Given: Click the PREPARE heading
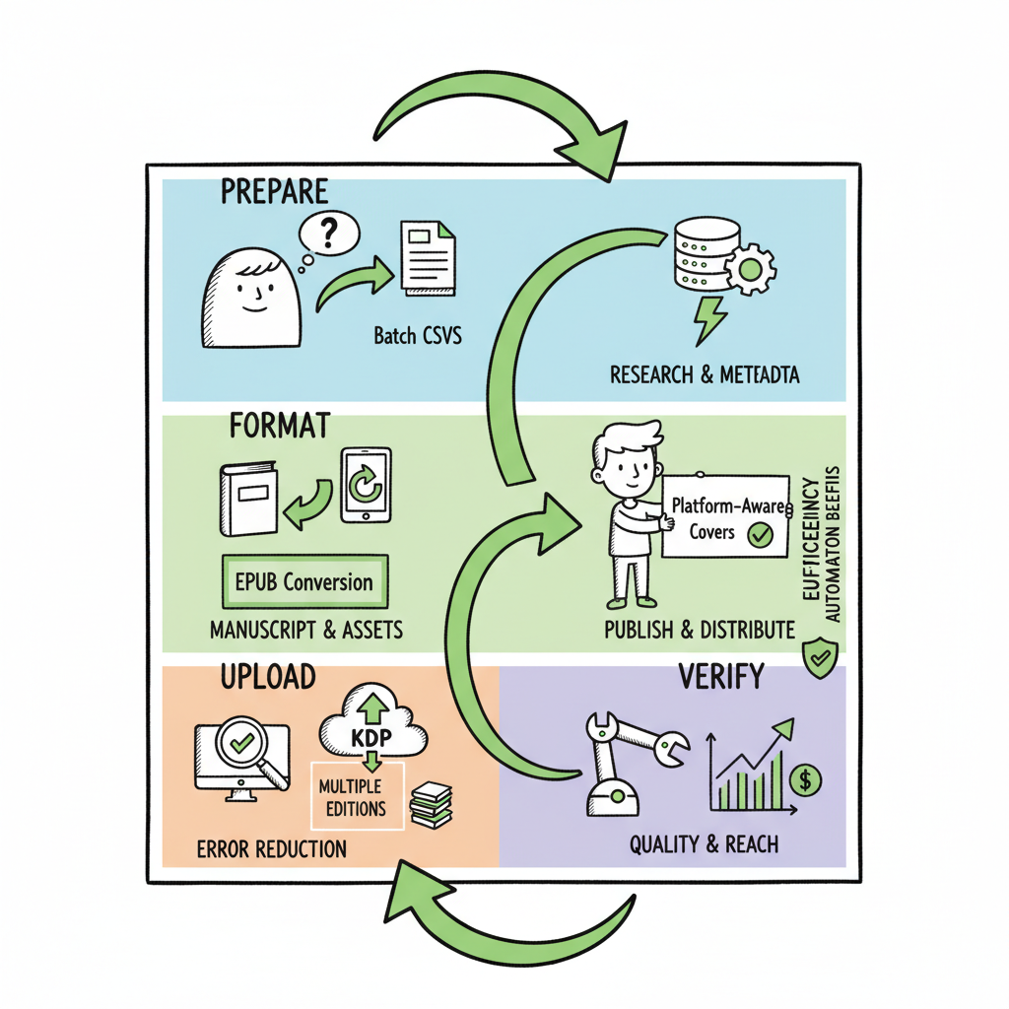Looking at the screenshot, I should (274, 192).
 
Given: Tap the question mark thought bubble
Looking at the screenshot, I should (327, 234).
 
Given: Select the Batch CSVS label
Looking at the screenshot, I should (418, 336).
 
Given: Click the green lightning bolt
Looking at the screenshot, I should (711, 318).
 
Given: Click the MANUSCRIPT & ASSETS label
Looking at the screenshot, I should (306, 630).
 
